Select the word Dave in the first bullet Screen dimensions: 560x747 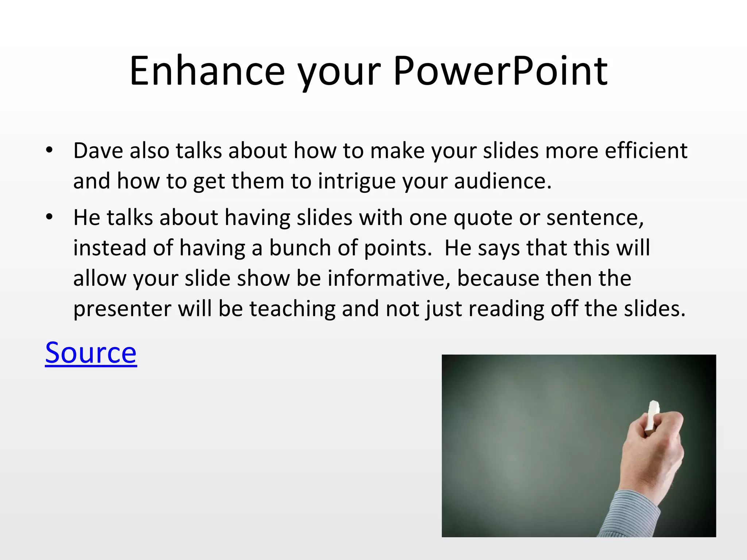click(98, 151)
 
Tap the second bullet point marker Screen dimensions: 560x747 click(49, 217)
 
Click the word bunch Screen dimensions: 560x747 click(300, 248)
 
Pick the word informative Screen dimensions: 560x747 click(389, 278)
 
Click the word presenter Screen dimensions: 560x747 click(122, 309)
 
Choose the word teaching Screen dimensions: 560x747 click(292, 309)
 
